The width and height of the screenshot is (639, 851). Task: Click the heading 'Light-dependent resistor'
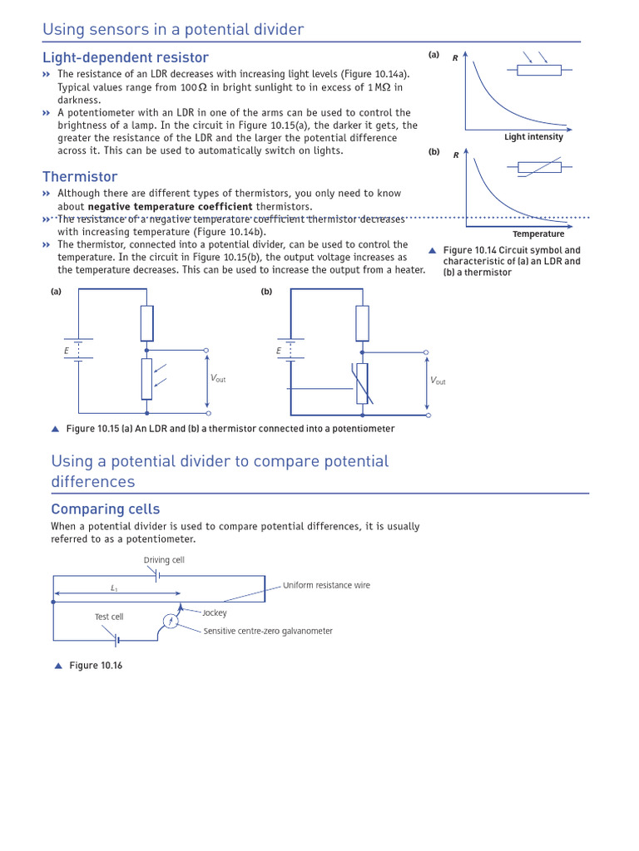coord(126,57)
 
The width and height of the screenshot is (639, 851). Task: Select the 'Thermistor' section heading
coord(80,176)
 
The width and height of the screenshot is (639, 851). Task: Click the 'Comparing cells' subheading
coord(105,509)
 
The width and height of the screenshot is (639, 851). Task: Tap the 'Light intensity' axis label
coord(533,137)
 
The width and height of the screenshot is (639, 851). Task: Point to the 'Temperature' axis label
coord(538,234)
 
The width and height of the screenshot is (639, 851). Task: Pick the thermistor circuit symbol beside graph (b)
coord(538,168)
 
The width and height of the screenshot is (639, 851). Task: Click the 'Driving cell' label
coord(164,560)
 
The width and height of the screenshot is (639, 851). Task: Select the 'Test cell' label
coord(109,617)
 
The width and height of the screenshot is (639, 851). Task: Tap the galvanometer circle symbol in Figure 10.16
coord(171,621)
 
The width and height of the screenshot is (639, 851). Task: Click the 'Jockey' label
coord(214,612)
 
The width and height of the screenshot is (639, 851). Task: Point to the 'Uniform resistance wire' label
coord(326,585)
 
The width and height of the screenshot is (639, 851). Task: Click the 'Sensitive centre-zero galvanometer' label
coord(268,631)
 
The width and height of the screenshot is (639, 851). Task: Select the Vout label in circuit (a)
coord(218,379)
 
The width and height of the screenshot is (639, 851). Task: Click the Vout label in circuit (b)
coord(438,381)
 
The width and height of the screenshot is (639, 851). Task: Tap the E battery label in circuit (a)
coord(67,351)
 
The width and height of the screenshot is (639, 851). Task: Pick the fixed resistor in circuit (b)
coord(362,323)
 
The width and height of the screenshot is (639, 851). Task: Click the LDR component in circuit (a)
coord(147,379)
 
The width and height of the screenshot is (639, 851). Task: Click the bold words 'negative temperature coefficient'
coord(171,206)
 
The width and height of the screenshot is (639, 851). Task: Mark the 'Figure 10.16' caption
coord(95,666)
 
